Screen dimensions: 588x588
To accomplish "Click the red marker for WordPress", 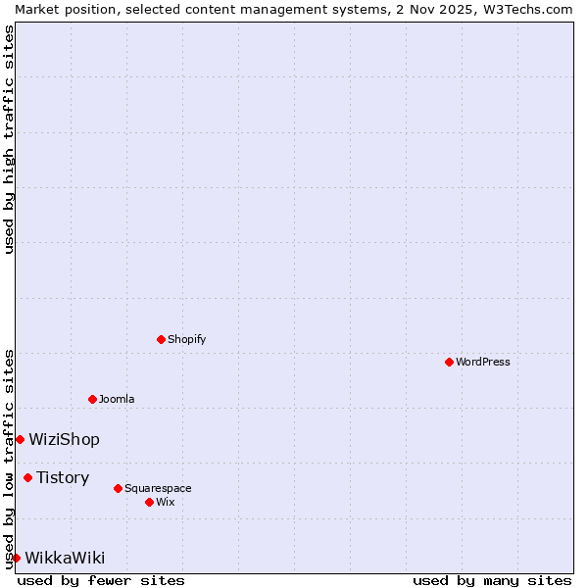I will (449, 362).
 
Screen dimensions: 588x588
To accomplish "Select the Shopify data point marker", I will (161, 339).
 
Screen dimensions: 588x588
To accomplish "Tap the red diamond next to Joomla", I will (92, 399).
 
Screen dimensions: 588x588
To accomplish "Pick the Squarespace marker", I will (118, 488).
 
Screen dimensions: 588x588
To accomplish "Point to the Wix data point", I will (149, 502).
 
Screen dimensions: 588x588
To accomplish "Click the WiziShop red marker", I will (20, 439).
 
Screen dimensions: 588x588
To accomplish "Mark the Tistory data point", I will (27, 477).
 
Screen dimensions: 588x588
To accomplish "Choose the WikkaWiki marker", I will (16, 558).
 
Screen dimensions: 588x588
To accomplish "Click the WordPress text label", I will (483, 362).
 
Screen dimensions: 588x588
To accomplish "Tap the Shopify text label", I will (186, 339).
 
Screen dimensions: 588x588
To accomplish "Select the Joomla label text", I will (117, 399).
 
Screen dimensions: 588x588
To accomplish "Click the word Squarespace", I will (158, 488).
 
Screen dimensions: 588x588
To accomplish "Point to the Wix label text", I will (166, 502).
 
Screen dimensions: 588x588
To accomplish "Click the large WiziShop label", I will (64, 439).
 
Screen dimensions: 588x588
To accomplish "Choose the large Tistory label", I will (63, 477).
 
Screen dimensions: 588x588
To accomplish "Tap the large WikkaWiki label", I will (65, 558).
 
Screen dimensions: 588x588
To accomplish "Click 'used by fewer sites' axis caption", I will (101, 580).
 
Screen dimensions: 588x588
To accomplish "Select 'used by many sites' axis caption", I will (492, 580).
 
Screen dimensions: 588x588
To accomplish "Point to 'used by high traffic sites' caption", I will (9, 139).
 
